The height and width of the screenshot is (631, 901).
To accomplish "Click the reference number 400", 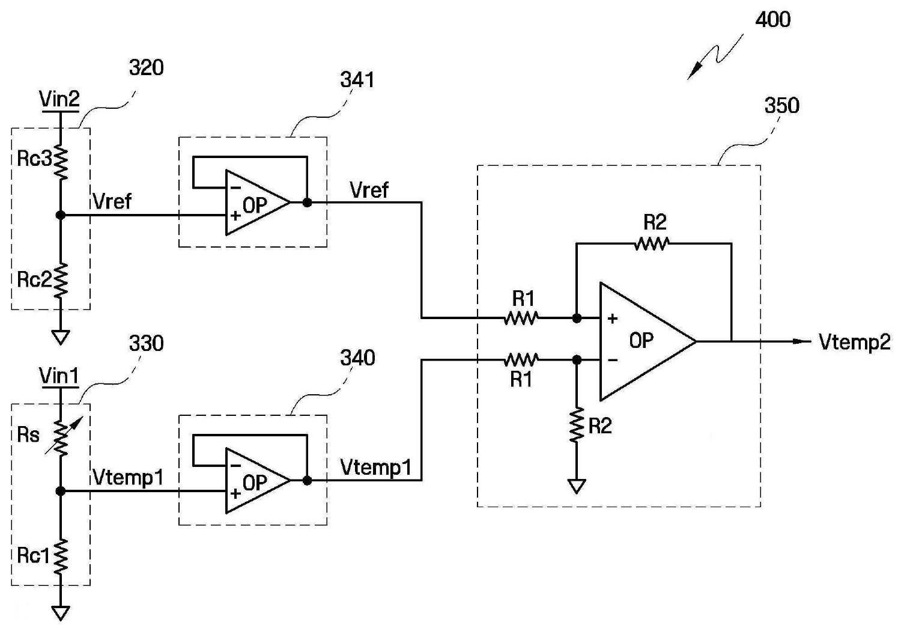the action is point(772,20).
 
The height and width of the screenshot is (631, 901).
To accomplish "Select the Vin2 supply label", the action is point(59,99).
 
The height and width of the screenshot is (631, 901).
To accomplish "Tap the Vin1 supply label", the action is point(59,377).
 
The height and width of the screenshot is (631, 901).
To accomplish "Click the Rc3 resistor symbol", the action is point(60,161).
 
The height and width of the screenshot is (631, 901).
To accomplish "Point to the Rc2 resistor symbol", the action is point(60,281).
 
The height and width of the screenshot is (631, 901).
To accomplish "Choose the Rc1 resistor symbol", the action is point(60,557).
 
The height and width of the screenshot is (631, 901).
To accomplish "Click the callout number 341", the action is point(357,80).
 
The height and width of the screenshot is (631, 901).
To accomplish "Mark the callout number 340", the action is point(357,358).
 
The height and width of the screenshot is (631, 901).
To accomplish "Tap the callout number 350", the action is point(781,105).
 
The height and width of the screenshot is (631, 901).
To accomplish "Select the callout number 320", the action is point(146,67).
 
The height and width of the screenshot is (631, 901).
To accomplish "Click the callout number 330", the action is point(146,344).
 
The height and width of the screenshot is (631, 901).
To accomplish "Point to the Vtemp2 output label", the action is point(854,343).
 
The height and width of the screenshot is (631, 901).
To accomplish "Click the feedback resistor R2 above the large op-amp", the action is point(652,243).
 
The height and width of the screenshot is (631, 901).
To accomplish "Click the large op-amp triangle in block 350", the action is point(648,341).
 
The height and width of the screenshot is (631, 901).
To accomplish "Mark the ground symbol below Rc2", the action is point(60,337).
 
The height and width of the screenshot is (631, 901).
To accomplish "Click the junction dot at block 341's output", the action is point(307,203).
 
